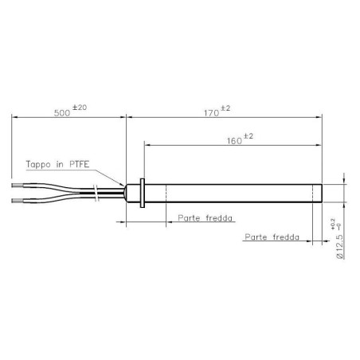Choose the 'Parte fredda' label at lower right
[x=272, y=237]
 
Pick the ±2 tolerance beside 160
[x=246, y=135]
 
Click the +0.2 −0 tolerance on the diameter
[x=334, y=226]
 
